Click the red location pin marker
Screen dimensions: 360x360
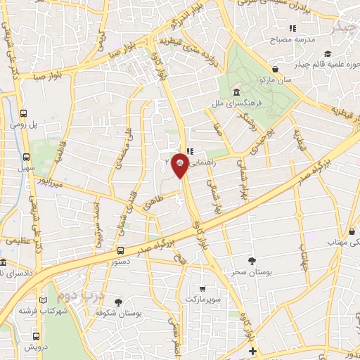click(x=180, y=162)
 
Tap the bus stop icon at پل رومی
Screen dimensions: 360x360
click(x=25, y=113)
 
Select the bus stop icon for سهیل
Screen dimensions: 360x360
click(x=26, y=157)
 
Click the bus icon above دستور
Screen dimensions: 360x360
click(x=120, y=250)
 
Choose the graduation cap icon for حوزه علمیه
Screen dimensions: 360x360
click(x=327, y=53)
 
